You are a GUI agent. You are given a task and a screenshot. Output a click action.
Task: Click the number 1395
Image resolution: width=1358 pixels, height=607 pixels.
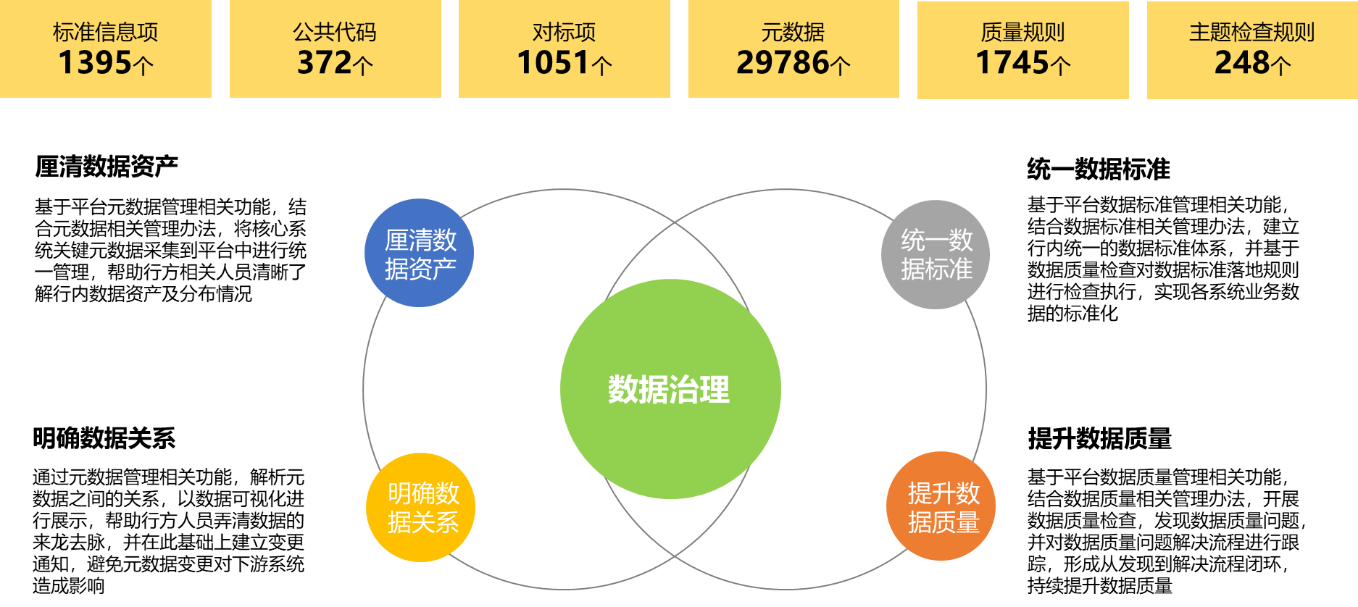point(95,63)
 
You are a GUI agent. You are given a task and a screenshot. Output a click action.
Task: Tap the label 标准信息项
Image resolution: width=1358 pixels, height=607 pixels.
point(106,32)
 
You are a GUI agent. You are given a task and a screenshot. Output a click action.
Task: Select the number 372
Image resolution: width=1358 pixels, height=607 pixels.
point(325,63)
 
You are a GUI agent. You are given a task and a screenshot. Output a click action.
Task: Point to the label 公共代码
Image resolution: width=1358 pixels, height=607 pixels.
point(335,32)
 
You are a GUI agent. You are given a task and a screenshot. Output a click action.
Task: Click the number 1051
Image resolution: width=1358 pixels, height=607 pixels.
point(553,63)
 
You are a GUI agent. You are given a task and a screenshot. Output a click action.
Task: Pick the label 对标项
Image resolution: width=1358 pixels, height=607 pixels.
point(564,32)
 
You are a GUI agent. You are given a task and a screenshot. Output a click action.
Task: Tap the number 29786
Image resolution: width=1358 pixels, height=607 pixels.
point(783,63)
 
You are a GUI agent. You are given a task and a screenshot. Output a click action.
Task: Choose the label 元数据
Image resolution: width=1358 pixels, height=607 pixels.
point(793,32)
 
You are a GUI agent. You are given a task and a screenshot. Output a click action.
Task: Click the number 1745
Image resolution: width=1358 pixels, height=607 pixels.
point(1012,63)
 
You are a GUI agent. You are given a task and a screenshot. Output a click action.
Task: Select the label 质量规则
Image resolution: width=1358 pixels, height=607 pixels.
point(1022,32)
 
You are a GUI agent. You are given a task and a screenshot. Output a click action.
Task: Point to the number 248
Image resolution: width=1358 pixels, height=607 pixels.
point(1242,63)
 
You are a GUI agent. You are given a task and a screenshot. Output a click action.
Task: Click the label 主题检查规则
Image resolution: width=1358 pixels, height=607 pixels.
point(1251,32)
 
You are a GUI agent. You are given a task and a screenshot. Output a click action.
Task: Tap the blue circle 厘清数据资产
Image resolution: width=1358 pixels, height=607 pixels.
point(420,253)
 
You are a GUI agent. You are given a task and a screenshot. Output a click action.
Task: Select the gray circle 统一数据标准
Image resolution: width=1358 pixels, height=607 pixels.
point(936,254)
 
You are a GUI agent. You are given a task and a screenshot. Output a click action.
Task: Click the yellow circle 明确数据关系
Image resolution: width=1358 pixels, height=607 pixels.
point(421,507)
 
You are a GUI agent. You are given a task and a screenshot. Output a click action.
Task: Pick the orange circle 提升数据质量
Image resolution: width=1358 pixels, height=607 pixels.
point(941,506)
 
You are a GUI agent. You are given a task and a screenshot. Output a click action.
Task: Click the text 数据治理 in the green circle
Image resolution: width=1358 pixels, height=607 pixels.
point(669,390)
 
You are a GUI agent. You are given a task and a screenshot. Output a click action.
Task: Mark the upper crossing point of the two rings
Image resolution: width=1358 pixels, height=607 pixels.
point(675,222)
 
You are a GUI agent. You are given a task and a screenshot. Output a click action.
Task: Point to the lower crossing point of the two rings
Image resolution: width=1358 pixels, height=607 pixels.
point(675,556)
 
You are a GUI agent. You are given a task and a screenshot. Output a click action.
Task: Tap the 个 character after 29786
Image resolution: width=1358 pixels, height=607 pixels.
point(841,66)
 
